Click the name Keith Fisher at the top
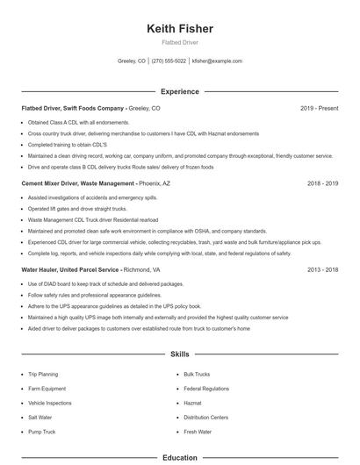click(179, 29)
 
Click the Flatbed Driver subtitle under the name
click(179, 43)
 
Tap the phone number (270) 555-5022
click(169, 61)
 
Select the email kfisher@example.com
click(217, 61)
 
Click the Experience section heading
click(179, 91)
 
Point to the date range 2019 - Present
click(319, 108)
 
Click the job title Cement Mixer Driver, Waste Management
click(77, 184)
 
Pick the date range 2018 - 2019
click(322, 184)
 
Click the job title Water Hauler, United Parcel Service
click(71, 271)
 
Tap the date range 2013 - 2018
click(322, 271)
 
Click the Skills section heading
click(179, 354)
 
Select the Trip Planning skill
click(43, 374)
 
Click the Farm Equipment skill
click(47, 389)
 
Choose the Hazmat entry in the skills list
click(193, 403)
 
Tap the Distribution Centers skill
click(206, 418)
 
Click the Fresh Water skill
click(198, 433)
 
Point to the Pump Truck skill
click(42, 433)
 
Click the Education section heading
click(179, 458)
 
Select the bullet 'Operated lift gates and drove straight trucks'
click(77, 210)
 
